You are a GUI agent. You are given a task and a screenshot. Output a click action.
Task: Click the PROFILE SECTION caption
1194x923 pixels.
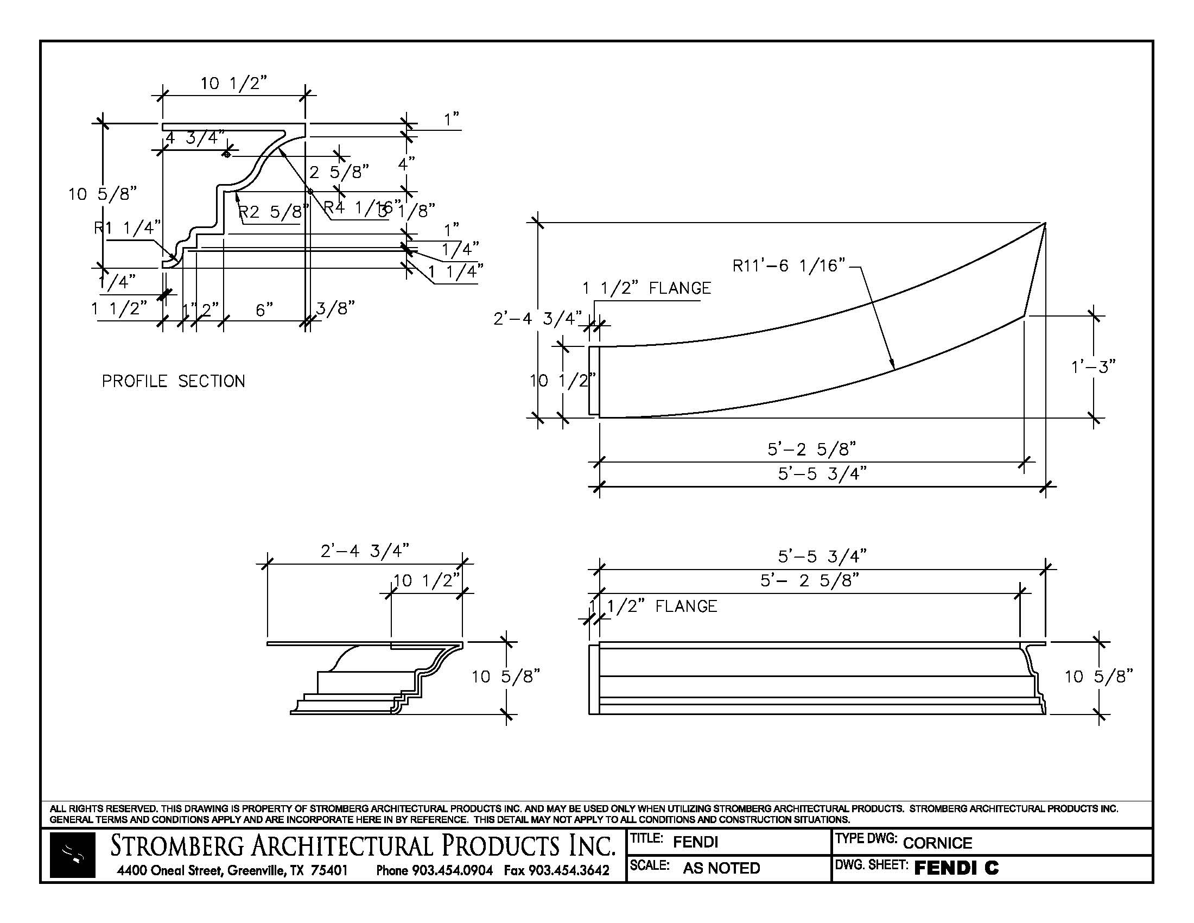pos(173,381)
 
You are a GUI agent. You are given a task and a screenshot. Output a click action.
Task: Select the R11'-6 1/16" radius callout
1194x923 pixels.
pos(789,265)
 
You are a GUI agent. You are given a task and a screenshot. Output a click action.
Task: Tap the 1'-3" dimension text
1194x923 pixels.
pos(1093,366)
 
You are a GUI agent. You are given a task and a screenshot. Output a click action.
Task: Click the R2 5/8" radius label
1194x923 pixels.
pos(274,212)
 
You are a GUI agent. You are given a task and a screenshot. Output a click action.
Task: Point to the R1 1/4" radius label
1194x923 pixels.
pos(128,227)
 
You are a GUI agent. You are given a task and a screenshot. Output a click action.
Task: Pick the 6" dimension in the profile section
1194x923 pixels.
pos(264,310)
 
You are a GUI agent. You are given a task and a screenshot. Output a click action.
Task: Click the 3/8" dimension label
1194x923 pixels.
pos(335,308)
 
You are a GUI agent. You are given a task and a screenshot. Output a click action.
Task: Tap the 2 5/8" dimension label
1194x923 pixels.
pos(339,172)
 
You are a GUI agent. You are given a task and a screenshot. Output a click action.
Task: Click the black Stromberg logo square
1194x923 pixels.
pos(73,855)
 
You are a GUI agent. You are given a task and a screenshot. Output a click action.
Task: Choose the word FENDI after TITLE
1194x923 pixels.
pos(695,842)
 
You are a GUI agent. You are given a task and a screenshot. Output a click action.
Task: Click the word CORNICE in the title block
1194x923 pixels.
pos(937,843)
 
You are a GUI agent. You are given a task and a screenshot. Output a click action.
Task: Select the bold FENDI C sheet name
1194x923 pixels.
pos(956,868)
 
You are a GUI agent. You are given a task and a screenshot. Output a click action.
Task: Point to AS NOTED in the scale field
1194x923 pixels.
pos(721,868)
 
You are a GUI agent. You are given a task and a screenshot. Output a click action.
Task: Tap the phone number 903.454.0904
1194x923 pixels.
pos(452,870)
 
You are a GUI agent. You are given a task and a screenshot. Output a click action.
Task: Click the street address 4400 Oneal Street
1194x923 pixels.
pos(169,870)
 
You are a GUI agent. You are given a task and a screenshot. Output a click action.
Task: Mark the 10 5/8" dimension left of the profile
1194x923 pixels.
pos(102,194)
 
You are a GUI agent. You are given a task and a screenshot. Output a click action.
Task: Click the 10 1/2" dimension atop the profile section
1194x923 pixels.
pos(233,83)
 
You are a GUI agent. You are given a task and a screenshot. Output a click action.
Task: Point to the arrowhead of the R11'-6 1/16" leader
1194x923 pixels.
pos(893,368)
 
